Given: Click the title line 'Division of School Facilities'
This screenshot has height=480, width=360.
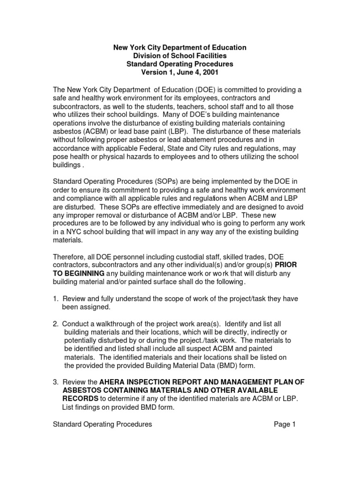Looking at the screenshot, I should (180, 56).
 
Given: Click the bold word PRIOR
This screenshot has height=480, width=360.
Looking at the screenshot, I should (285, 265).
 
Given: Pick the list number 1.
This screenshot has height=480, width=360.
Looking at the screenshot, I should (55, 299).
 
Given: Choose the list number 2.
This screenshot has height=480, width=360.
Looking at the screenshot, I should (55, 324).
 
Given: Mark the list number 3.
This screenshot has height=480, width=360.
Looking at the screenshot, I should (55, 382).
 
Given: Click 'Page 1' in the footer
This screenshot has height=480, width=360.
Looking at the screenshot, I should (285, 424).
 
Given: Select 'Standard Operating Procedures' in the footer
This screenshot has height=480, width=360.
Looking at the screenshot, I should (102, 424).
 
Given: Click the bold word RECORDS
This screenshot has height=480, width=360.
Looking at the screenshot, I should (80, 398).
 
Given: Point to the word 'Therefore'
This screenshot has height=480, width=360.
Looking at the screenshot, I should (69, 257).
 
